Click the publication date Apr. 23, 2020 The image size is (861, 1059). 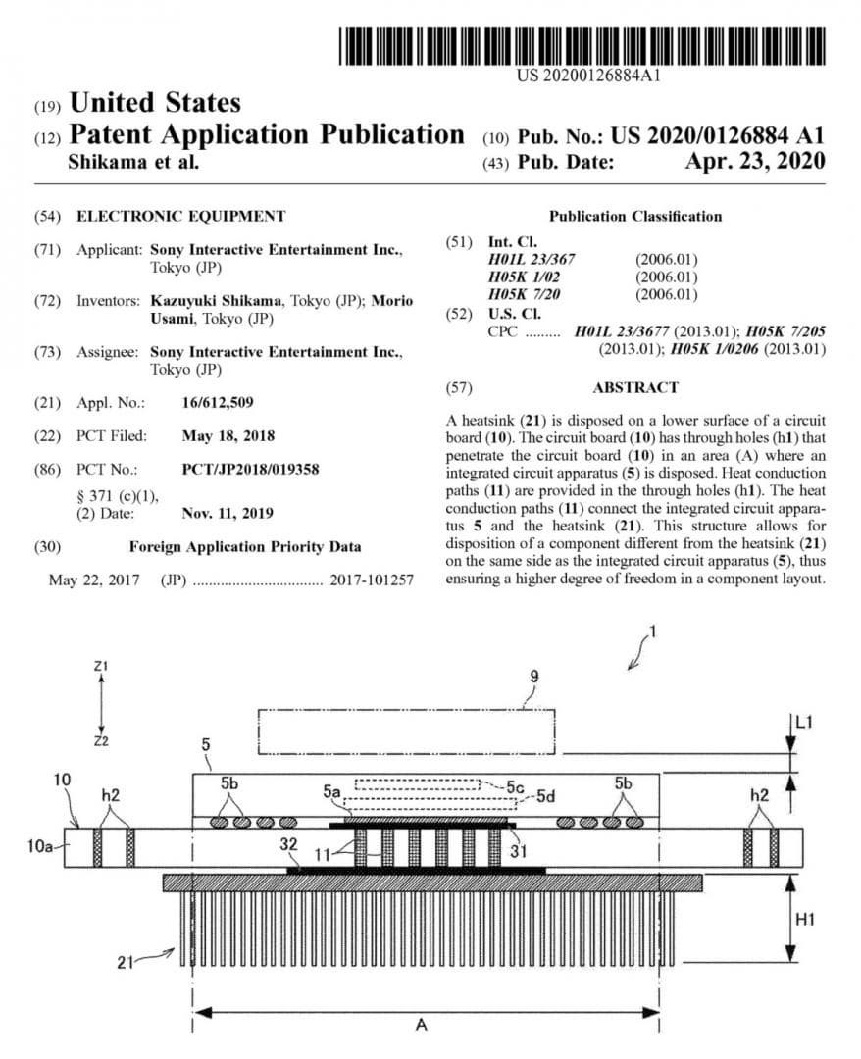tap(754, 162)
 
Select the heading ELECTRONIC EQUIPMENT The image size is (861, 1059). tap(181, 216)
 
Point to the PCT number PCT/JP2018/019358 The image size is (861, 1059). tap(264, 470)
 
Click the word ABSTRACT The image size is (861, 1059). tap(634, 387)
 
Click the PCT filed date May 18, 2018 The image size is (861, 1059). tap(228, 435)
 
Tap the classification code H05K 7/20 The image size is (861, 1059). tap(531, 294)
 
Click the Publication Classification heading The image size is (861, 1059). tap(634, 216)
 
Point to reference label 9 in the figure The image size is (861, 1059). tap(533, 676)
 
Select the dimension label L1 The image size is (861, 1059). tap(804, 723)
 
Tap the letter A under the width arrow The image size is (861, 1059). tap(422, 1024)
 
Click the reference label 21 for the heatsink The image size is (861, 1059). tap(126, 963)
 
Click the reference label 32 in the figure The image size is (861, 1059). tap(289, 844)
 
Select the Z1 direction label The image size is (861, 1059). tap(100, 666)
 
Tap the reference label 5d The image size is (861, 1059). tap(545, 797)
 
